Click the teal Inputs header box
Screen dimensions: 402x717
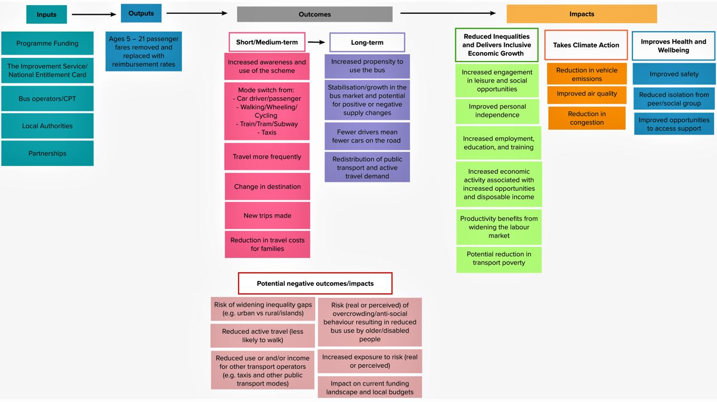(x=47, y=14)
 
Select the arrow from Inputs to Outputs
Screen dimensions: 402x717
(x=93, y=14)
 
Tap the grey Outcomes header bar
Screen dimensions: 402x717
(x=315, y=14)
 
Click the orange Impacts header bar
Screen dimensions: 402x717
(x=581, y=14)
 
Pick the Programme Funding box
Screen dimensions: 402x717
(x=47, y=44)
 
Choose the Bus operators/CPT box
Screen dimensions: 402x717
(x=47, y=99)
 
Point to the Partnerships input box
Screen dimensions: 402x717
(x=47, y=153)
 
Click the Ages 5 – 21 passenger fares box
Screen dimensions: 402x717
(x=143, y=51)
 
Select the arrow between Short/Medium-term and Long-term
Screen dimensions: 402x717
(x=317, y=42)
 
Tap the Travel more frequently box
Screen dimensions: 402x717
(x=267, y=157)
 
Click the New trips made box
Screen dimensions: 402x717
(x=267, y=215)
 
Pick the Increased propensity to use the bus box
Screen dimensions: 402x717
(x=367, y=66)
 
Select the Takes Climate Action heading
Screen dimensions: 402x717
(x=586, y=45)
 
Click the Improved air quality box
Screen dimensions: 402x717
(x=587, y=94)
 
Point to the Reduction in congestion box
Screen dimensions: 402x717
(x=587, y=118)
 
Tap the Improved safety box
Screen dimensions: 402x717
(x=674, y=74)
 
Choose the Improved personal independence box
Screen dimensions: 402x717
(x=497, y=111)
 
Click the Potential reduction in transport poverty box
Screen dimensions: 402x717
(x=498, y=259)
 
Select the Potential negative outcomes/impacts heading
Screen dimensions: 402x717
(x=315, y=283)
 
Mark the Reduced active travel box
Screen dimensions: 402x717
(x=263, y=336)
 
